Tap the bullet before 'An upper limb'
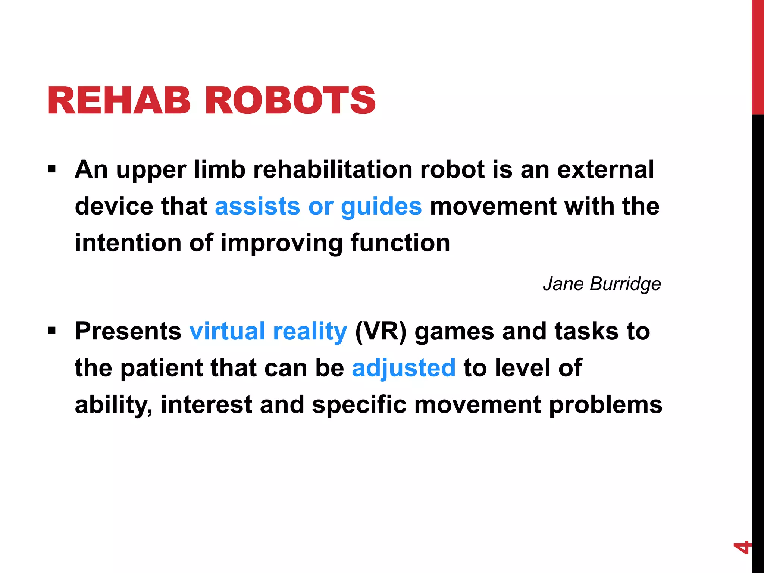coord(51,170)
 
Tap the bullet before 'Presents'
coord(51,331)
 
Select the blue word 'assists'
coord(257,206)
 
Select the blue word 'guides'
coord(381,206)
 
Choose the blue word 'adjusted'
coord(403,368)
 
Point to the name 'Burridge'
coord(625,284)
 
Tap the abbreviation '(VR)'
coord(381,331)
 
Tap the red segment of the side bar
coord(758,56)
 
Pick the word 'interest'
coord(206,405)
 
